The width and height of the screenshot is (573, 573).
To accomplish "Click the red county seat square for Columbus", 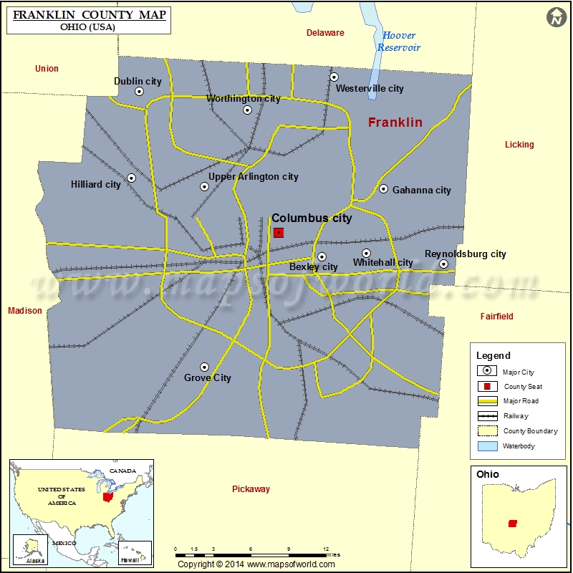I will (279, 233).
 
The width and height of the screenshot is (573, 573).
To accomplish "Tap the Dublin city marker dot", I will (139, 92).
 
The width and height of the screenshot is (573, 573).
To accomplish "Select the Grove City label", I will (208, 378).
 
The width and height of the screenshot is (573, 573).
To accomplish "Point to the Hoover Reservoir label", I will (399, 42).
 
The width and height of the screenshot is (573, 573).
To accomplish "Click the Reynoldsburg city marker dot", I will (443, 264).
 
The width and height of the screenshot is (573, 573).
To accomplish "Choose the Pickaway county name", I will (251, 489).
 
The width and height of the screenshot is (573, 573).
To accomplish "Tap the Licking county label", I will (519, 145).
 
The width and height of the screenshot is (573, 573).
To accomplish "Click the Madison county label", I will (25, 311).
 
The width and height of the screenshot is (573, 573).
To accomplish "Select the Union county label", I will (47, 69).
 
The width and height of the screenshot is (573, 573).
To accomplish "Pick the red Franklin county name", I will (395, 122).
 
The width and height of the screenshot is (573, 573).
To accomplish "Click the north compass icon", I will (557, 17).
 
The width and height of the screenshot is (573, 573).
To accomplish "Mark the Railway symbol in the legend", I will (487, 416).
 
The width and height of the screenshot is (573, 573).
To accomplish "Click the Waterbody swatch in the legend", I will (487, 446).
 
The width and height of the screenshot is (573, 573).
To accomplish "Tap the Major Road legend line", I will (487, 401).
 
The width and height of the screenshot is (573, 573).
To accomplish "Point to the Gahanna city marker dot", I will (383, 189).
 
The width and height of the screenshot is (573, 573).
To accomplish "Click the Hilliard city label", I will (96, 185).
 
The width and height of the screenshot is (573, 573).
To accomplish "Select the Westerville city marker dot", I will (334, 77).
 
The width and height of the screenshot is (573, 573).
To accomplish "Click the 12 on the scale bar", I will (326, 549).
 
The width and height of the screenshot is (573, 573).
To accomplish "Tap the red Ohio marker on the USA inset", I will (107, 496).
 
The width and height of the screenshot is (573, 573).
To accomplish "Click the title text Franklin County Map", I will (89, 14).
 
